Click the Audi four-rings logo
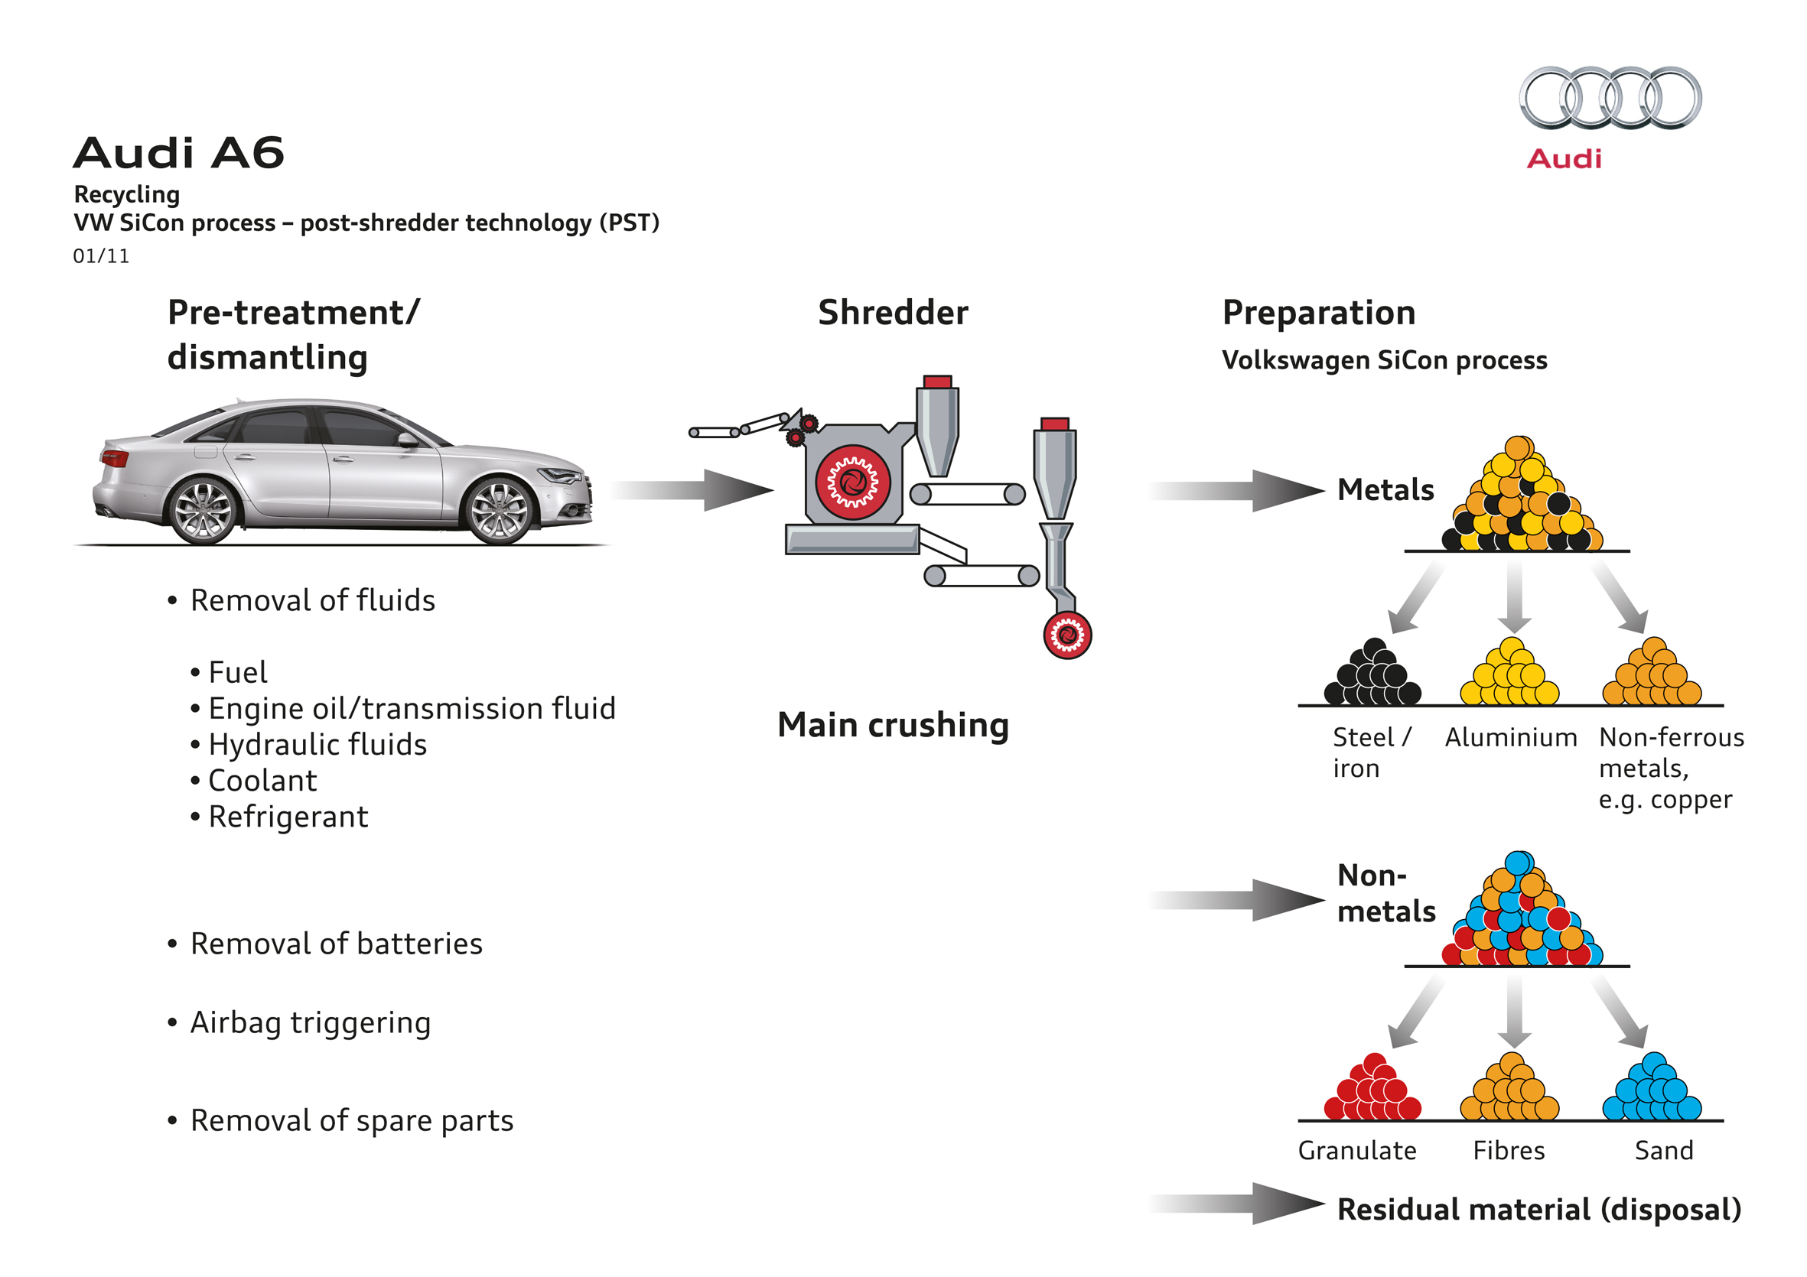(x=1610, y=98)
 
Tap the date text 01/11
(x=101, y=256)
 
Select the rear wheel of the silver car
(x=203, y=511)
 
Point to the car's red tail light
(x=115, y=458)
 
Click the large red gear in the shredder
(x=852, y=483)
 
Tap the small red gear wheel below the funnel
(x=1067, y=635)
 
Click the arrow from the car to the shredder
(x=692, y=490)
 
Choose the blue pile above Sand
(x=1651, y=1089)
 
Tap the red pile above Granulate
(x=1372, y=1089)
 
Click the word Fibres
(x=1509, y=1150)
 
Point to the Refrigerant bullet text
(x=288, y=817)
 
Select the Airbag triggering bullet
(x=310, y=1023)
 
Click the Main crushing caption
(x=893, y=725)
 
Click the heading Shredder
(x=893, y=312)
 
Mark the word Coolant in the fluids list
(x=262, y=781)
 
